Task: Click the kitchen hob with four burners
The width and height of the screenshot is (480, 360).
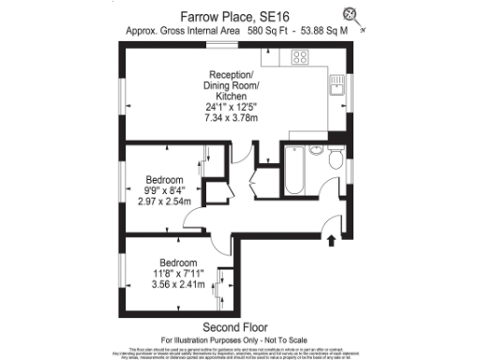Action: [301, 57]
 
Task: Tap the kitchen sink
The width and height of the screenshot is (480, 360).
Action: [335, 89]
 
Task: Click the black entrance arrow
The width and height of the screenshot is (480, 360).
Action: [331, 241]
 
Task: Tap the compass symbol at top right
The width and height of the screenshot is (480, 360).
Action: [352, 13]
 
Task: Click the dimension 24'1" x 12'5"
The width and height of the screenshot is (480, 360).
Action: [229, 108]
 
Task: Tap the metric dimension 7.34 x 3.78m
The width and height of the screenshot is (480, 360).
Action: [229, 119]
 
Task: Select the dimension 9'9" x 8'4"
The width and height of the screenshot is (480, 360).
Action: [164, 190]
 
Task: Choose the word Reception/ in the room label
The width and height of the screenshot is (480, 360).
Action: [231, 75]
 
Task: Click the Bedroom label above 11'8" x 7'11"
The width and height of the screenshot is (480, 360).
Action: [176, 262]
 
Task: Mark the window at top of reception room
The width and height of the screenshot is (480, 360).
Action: [221, 44]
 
